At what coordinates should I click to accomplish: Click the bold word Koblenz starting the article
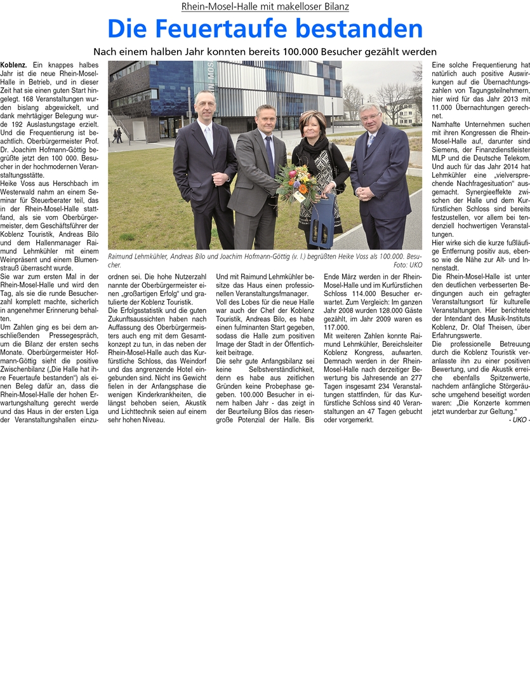pos(13,65)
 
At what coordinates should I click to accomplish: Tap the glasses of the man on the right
pos(370,116)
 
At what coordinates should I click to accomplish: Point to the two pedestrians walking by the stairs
pos(117,135)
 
